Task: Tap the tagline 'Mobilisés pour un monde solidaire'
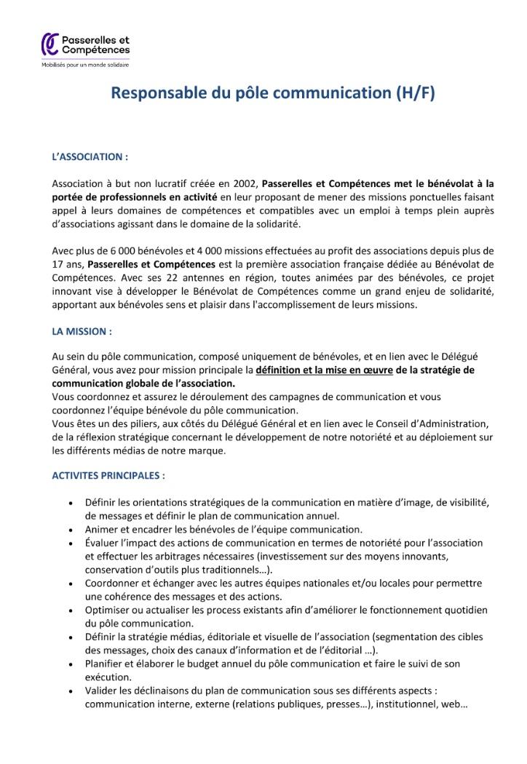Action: click(84, 65)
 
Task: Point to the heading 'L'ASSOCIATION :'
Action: click(90, 156)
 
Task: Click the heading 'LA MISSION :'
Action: click(82, 330)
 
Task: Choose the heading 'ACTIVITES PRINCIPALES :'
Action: click(108, 476)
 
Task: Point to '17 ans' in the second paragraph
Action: click(66, 264)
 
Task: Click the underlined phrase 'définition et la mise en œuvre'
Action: click(323, 370)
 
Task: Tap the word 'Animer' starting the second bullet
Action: click(101, 530)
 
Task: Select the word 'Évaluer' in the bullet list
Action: click(103, 543)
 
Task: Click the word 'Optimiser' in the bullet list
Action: click(107, 610)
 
